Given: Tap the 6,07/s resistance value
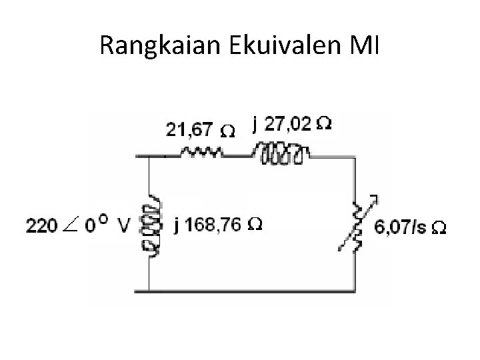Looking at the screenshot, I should pyautogui.click(x=401, y=227).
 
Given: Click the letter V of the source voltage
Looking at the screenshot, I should pyautogui.click(x=123, y=227).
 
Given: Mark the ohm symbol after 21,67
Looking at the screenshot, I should pyautogui.click(x=227, y=132).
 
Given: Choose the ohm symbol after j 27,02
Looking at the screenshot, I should pyautogui.click(x=325, y=124).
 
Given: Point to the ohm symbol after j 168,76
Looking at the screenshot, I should pyautogui.click(x=255, y=225).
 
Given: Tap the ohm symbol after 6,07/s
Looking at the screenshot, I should pyautogui.click(x=439, y=228).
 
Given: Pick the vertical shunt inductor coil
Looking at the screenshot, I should pyautogui.click(x=149, y=225).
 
